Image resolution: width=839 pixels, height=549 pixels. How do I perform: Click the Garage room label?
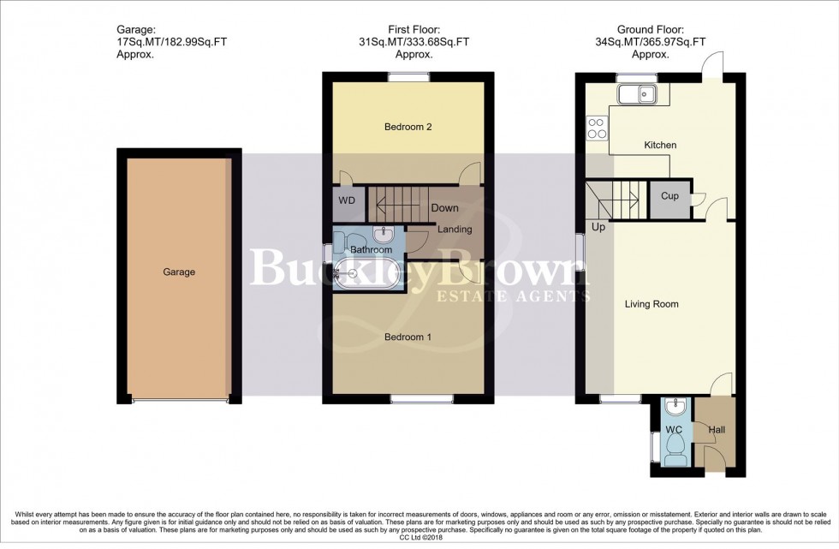180,272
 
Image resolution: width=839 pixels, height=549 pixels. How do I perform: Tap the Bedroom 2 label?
408,128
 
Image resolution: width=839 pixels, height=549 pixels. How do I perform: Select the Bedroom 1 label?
408,337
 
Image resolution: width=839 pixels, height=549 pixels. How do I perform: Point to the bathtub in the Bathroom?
366,271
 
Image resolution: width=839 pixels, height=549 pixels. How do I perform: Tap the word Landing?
455,230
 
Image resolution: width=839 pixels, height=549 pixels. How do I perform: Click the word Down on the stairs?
444,208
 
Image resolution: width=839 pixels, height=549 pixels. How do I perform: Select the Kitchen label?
660,146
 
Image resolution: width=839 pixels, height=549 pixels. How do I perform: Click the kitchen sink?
635,92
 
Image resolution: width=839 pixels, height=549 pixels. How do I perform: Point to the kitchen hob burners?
597,128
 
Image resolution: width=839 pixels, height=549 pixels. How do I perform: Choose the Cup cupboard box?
669,197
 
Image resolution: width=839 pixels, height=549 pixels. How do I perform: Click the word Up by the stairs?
598,229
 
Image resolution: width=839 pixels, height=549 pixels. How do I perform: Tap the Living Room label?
652,304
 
